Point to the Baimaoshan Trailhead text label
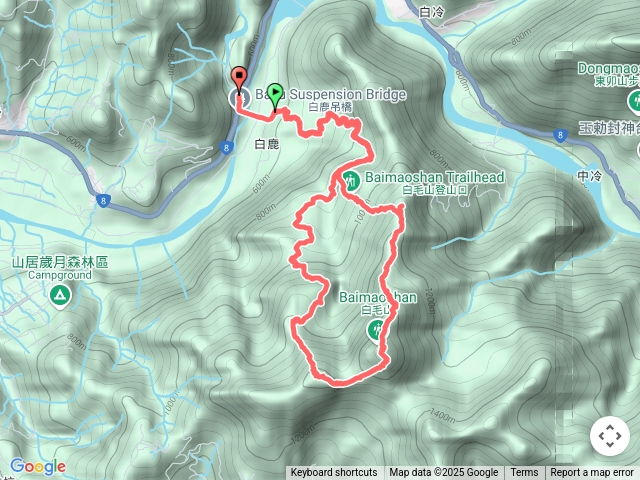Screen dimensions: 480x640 [435, 177]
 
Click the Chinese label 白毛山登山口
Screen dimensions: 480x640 [434, 189]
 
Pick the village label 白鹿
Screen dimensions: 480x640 [267, 145]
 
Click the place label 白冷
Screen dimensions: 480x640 [432, 13]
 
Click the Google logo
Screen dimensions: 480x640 [37, 466]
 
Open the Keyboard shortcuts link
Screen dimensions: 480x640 [334, 473]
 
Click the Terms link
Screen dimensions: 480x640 [524, 473]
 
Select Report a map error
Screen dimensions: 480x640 [592, 473]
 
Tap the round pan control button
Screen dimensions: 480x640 [609, 437]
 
